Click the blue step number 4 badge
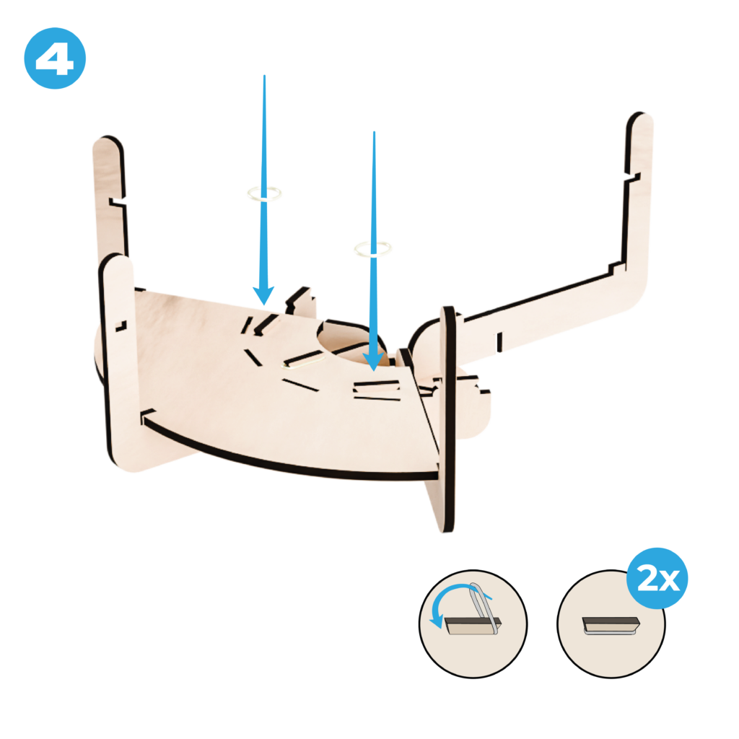[55, 58]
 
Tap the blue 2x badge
[657, 578]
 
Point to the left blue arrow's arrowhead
[263, 295]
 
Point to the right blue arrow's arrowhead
[373, 361]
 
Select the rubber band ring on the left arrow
[264, 193]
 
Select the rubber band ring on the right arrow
[373, 248]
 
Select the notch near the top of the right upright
[632, 177]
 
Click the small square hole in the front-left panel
[121, 325]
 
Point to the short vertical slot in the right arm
[499, 342]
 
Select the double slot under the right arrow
[377, 390]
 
